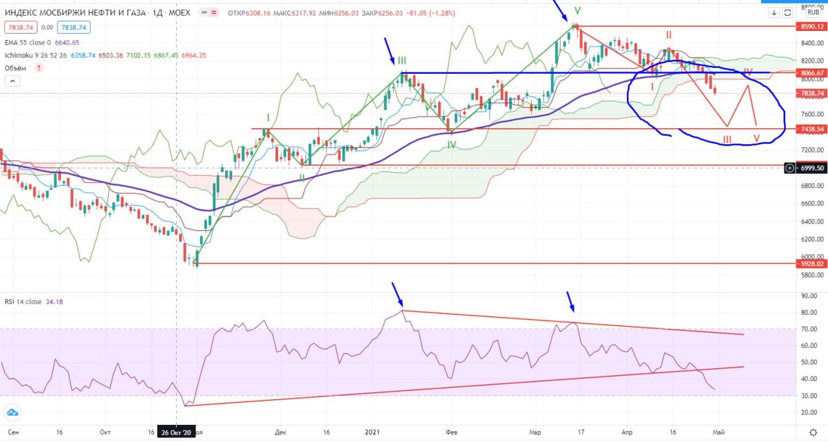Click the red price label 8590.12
click(x=811, y=27)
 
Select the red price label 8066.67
click(x=811, y=73)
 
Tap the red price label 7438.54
click(x=811, y=129)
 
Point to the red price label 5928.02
click(x=811, y=263)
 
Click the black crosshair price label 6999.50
click(x=811, y=167)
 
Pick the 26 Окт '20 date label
click(x=177, y=432)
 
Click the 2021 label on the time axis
click(x=371, y=431)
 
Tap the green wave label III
click(x=402, y=61)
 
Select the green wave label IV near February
click(x=452, y=145)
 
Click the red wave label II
click(x=669, y=34)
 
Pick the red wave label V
click(x=756, y=138)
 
